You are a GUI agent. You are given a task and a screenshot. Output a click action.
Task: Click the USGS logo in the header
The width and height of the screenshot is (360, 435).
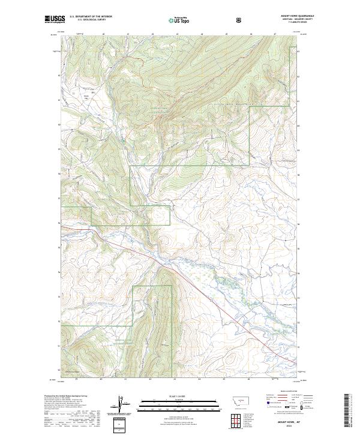coord(55,20)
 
